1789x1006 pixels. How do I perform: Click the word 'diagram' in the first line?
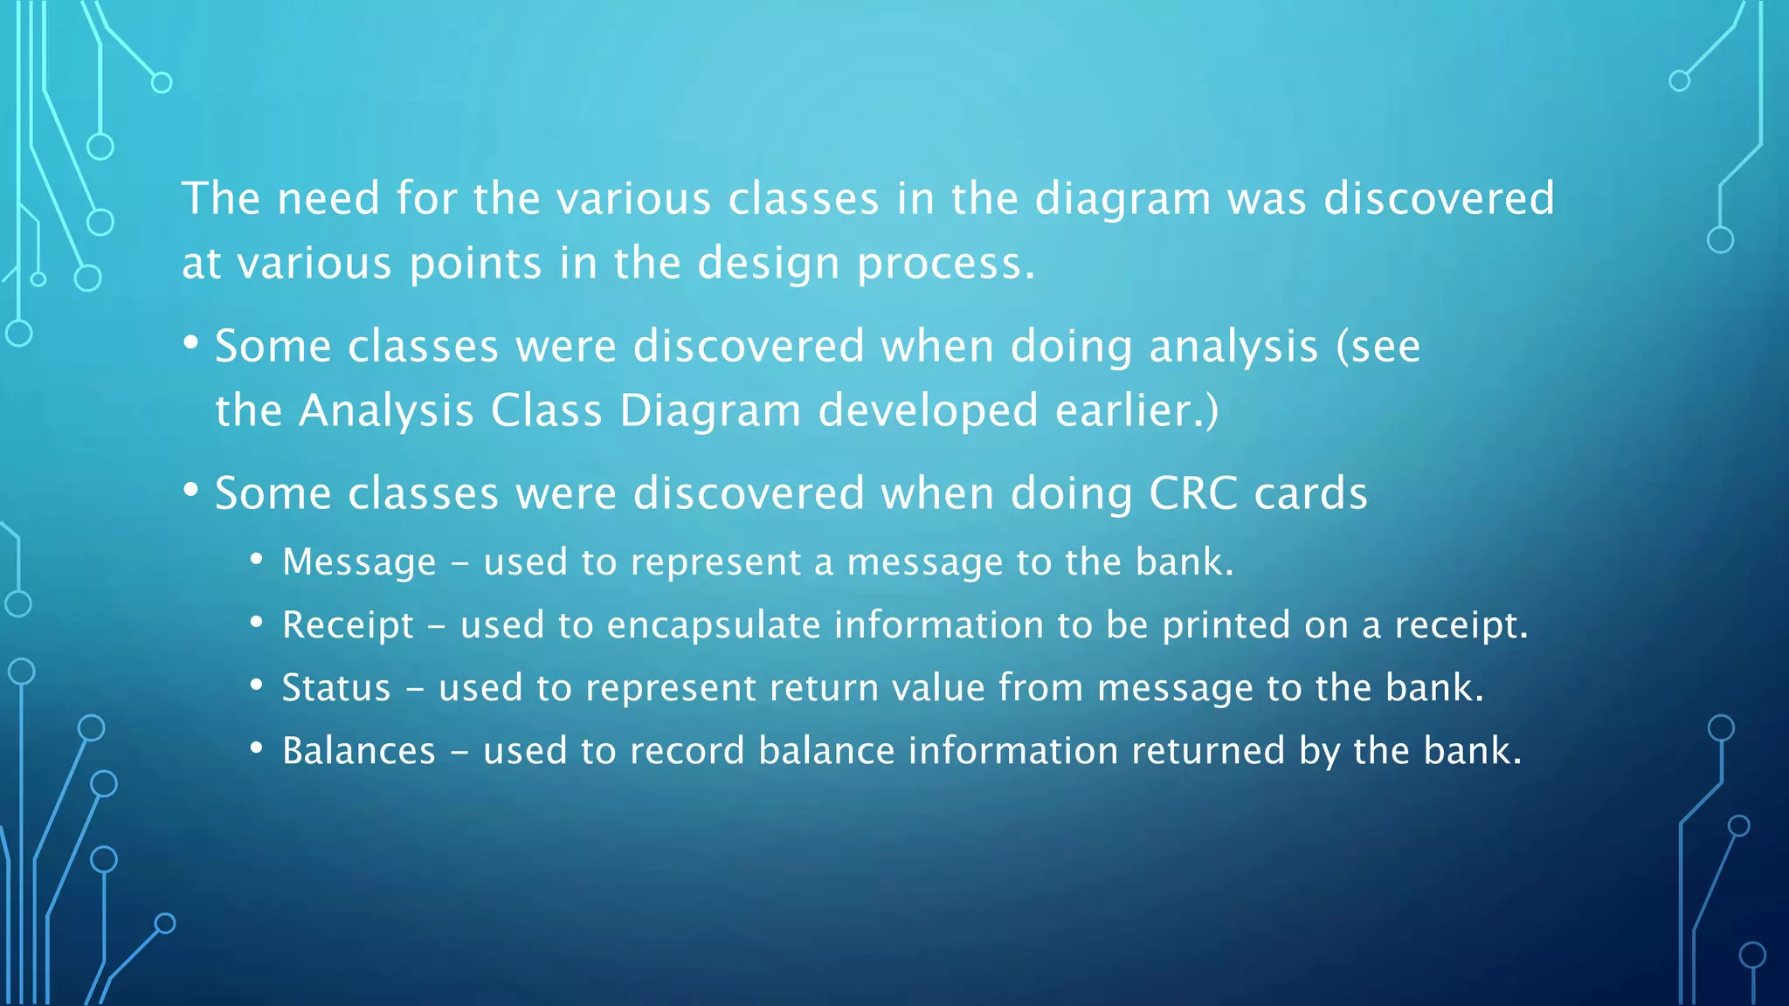click(1122, 200)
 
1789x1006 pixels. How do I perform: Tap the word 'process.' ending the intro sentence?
click(945, 265)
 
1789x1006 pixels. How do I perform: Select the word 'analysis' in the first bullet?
click(1233, 348)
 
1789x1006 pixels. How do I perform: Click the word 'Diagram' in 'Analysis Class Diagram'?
click(709, 411)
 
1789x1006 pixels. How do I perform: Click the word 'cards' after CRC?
click(1310, 494)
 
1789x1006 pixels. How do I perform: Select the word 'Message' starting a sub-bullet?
click(359, 562)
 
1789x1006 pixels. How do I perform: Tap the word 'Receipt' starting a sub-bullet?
click(348, 625)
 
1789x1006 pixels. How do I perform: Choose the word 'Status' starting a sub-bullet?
click(336, 688)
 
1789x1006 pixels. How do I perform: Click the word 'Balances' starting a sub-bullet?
click(358, 751)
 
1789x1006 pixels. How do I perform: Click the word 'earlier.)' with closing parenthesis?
click(1136, 411)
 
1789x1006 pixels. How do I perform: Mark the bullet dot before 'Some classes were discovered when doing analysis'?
click(191, 341)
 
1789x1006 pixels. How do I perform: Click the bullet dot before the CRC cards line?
click(191, 489)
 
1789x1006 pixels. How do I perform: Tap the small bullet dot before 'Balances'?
click(256, 748)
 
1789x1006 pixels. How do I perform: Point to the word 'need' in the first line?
click(328, 200)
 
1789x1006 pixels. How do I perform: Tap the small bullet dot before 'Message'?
click(256, 559)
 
